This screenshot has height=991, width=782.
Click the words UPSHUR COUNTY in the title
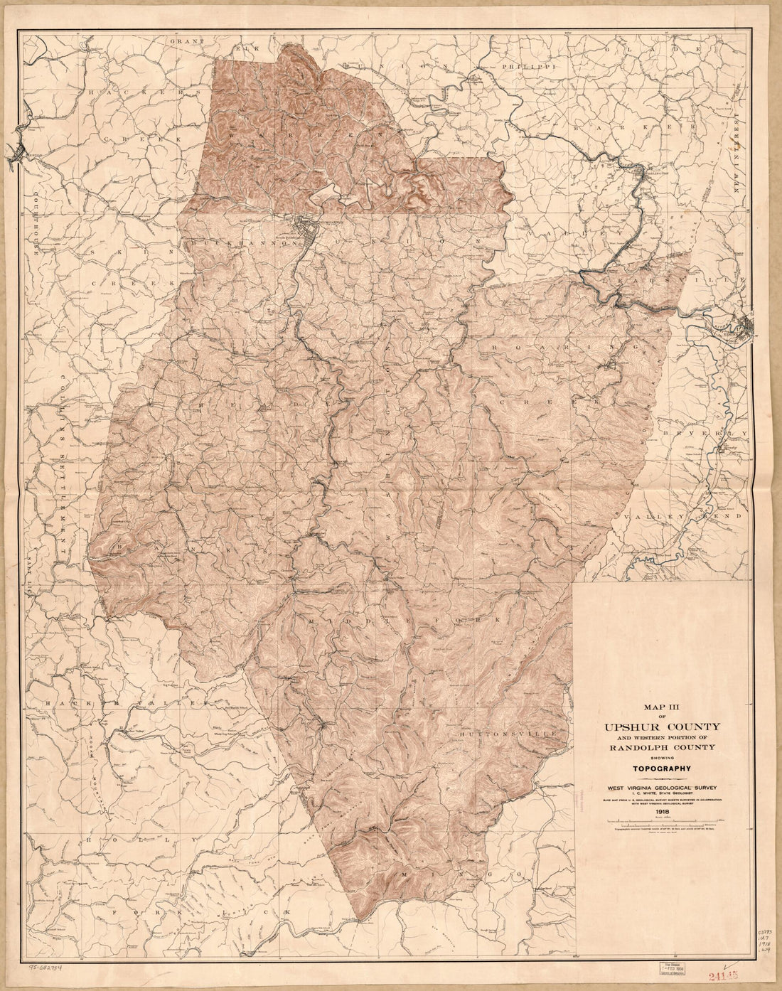click(x=662, y=726)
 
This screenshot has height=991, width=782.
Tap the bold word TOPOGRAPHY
click(x=662, y=768)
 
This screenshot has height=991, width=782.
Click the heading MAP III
click(x=662, y=707)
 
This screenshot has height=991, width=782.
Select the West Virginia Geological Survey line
click(x=662, y=787)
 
